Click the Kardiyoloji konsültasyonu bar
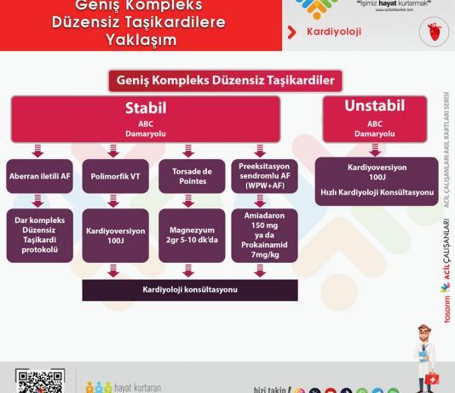click(190, 290)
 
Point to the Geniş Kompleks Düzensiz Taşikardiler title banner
click(225, 80)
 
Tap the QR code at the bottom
click(35, 382)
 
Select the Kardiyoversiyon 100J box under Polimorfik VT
click(116, 236)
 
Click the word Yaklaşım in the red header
click(141, 39)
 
